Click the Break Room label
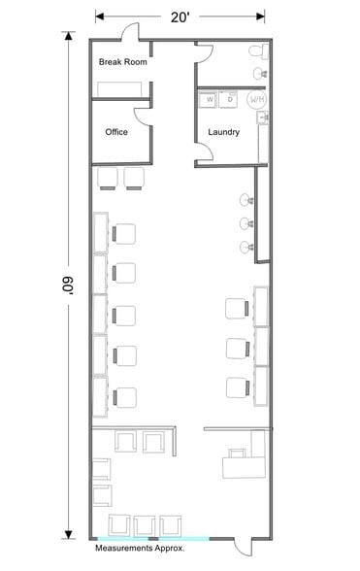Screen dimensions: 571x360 coord(122,62)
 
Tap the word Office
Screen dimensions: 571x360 coord(117,132)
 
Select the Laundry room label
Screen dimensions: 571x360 coord(223,132)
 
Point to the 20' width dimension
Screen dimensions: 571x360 coord(180,17)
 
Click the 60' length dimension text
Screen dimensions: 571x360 coord(67,288)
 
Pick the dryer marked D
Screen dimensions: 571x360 coord(230,98)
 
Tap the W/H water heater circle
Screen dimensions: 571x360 coord(256,99)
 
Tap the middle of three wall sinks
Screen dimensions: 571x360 coord(245,223)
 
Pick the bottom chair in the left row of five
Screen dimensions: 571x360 coord(123,396)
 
